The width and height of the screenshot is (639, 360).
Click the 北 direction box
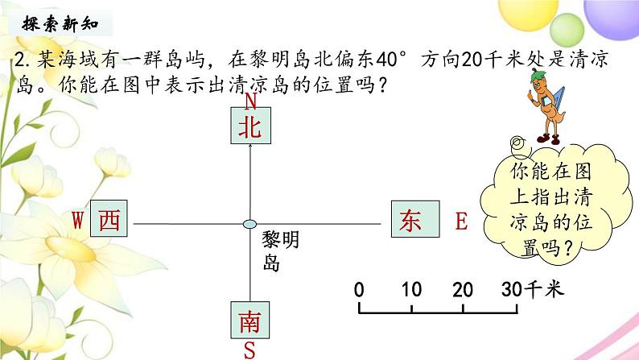point(250,127)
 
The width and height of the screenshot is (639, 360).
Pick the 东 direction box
point(410,220)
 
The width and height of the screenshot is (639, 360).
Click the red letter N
point(250,101)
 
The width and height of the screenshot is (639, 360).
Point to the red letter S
point(250,350)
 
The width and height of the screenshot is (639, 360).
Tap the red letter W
point(78,219)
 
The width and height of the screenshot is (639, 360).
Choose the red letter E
point(461,221)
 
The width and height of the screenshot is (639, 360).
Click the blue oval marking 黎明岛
point(250,223)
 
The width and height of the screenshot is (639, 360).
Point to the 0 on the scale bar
point(359,290)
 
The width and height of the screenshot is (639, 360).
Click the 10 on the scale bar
point(411,290)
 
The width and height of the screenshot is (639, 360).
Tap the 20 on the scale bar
point(462,290)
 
